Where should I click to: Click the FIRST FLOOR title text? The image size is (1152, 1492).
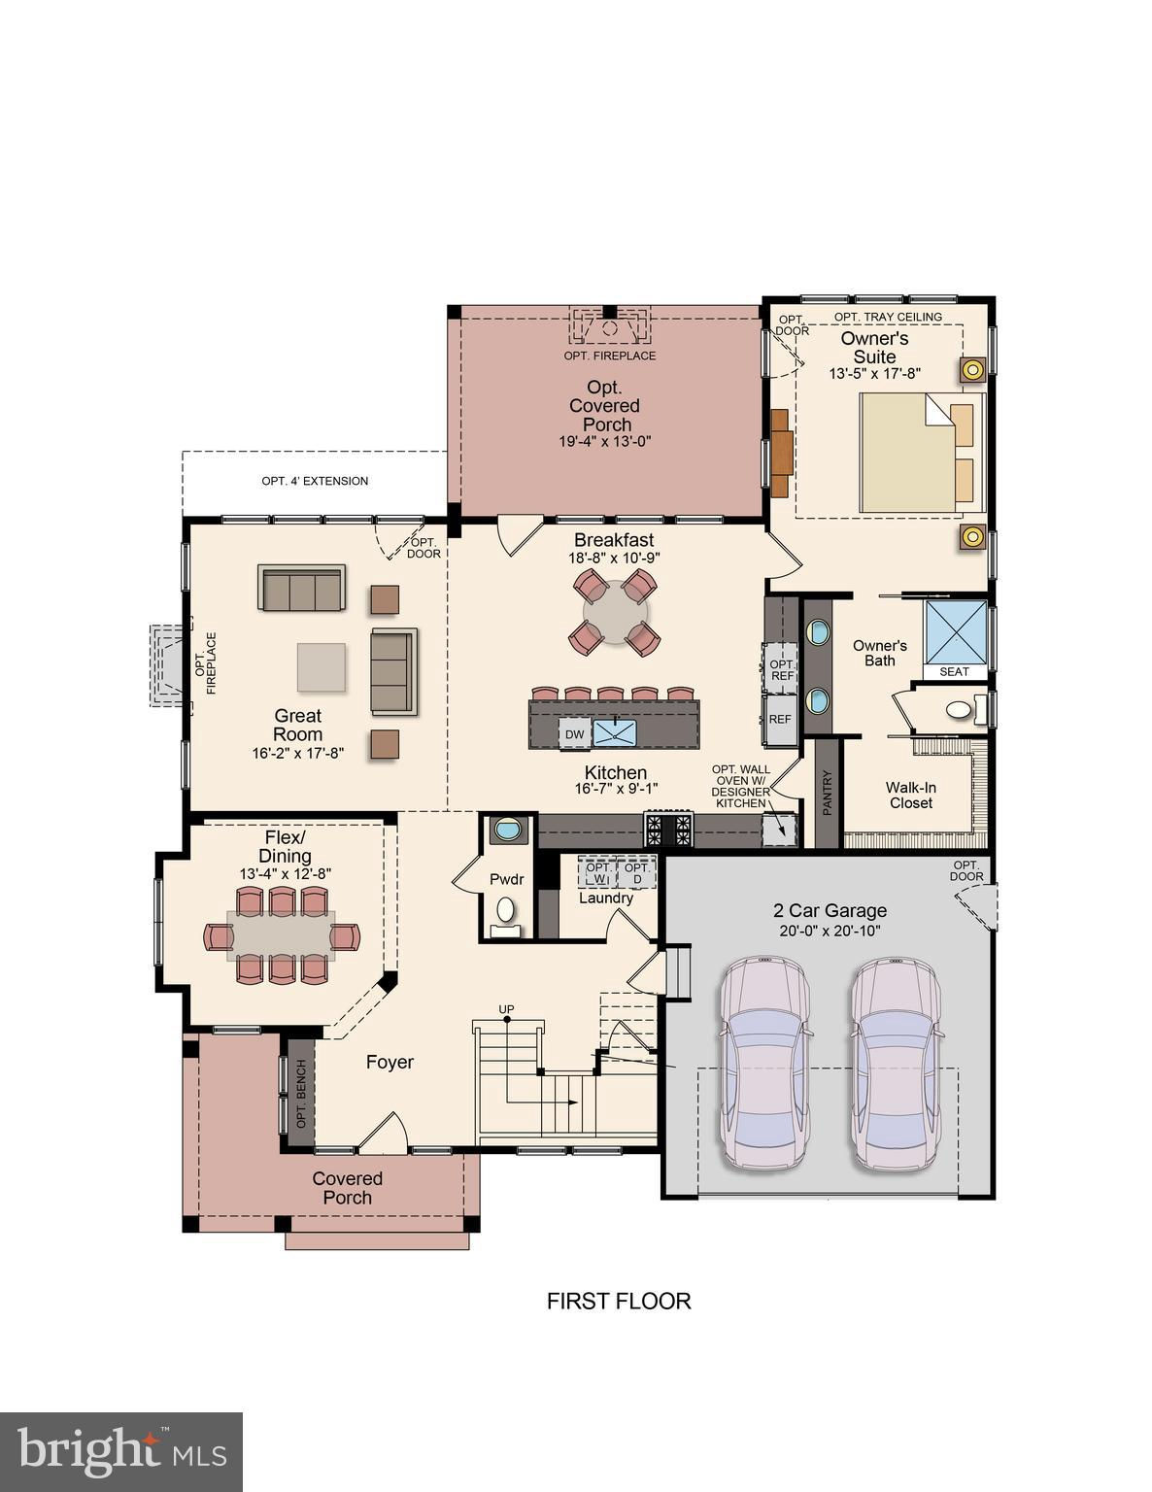pyautogui.click(x=619, y=1301)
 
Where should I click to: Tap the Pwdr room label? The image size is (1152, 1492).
pyautogui.click(x=507, y=879)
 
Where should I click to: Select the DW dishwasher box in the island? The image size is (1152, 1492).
pyautogui.click(x=574, y=734)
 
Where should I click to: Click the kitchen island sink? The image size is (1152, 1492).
pyautogui.click(x=615, y=732)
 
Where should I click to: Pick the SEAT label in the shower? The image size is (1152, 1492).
pyautogui.click(x=954, y=671)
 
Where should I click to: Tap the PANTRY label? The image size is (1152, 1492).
pyautogui.click(x=827, y=793)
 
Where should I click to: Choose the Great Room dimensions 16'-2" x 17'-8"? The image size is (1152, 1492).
pyautogui.click(x=297, y=753)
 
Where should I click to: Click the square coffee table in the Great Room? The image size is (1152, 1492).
pyautogui.click(x=322, y=666)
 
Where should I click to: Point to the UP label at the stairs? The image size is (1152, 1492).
pyautogui.click(x=506, y=1008)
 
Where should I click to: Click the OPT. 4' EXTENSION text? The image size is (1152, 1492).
pyautogui.click(x=315, y=482)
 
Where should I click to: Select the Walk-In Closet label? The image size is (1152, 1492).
pyautogui.click(x=910, y=796)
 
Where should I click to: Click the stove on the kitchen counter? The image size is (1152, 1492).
pyautogui.click(x=668, y=830)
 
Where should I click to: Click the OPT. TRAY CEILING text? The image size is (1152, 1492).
pyautogui.click(x=888, y=317)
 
